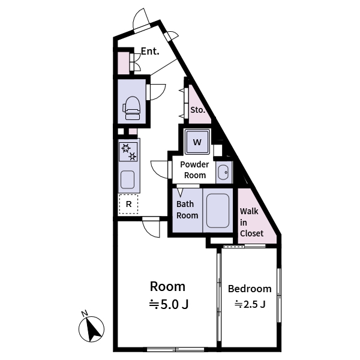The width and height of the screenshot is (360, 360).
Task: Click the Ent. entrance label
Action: coord(150,52)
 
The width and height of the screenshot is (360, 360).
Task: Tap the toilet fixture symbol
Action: coord(132,106)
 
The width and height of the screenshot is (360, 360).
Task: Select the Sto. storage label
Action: coord(197,110)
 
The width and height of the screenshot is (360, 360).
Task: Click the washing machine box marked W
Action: coord(197,143)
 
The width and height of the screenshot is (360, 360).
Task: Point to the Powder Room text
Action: coord(195,170)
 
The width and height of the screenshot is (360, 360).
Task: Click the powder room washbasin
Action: coord(223,172)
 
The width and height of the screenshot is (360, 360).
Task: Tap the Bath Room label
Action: coord(187,209)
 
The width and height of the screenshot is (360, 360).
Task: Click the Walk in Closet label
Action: coord(251,222)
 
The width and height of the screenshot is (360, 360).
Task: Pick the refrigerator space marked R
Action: coord(128,204)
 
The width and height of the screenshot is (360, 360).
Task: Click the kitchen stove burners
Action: coord(128,152)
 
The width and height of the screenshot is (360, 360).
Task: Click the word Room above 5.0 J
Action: coord(167,286)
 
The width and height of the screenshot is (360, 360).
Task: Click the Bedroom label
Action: coord(250,289)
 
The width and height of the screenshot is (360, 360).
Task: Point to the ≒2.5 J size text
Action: coord(250,304)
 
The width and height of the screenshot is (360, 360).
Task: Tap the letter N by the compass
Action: coord(85,313)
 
